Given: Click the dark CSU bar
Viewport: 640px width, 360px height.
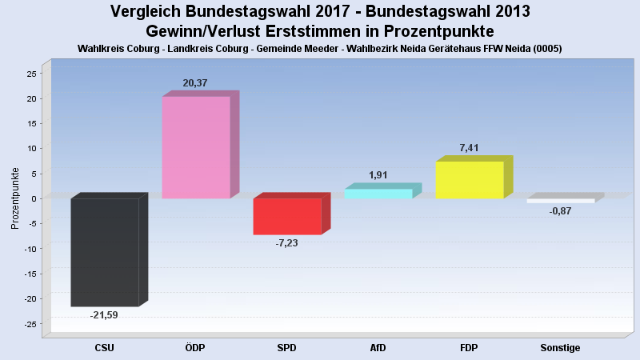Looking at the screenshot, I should pos(105,252).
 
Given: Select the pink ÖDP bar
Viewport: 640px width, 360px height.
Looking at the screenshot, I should pos(196,147).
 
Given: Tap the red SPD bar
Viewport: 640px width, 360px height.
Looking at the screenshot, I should pos(287,216).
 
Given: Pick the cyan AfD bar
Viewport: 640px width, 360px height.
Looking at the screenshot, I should pos(378,194).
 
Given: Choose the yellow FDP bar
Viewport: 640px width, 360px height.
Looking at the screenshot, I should pos(470,180).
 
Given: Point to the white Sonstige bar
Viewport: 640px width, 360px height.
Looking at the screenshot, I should pos(560,201).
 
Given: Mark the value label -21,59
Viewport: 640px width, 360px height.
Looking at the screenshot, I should pos(104,314).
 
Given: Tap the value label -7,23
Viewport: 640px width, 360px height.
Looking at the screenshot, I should pos(286,242).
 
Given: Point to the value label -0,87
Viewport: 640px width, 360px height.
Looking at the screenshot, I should pos(560,211).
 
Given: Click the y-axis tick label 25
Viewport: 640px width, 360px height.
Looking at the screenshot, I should pos(31,74).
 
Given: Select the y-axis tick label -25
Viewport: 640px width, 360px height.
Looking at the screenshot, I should pos(30,324).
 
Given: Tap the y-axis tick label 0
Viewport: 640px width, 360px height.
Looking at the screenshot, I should pos(34,198).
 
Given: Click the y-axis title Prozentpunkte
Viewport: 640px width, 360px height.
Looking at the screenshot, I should pos(14,198).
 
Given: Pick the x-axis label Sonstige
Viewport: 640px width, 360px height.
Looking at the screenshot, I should pos(560,348).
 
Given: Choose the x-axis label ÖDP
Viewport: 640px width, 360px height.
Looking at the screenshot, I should pos(196,348).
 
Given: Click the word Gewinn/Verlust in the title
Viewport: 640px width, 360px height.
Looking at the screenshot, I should pos(206,31).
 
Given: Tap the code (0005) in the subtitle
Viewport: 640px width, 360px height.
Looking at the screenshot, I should pos(546,48).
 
